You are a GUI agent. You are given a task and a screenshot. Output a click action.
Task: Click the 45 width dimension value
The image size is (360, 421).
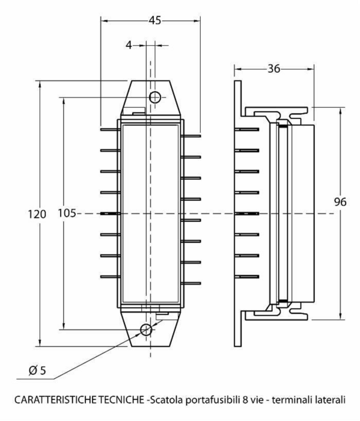pyautogui.click(x=155, y=20)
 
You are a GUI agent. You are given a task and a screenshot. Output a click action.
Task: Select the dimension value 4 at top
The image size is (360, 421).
pyautogui.click(x=129, y=45)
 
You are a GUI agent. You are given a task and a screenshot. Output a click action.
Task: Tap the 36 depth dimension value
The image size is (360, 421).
pyautogui.click(x=273, y=69)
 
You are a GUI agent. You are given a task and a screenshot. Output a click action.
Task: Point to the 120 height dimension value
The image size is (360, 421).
pyautogui.click(x=37, y=214)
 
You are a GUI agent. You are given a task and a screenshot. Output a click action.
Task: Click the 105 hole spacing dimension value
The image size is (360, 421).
pyautogui.click(x=67, y=214)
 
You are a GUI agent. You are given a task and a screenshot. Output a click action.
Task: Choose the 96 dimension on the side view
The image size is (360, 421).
pyautogui.click(x=340, y=202)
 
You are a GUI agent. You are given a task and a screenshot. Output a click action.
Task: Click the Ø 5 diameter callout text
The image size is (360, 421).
pyautogui.click(x=37, y=370)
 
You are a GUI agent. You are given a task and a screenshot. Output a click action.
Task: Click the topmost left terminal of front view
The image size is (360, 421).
pyautogui.click(x=111, y=129)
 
